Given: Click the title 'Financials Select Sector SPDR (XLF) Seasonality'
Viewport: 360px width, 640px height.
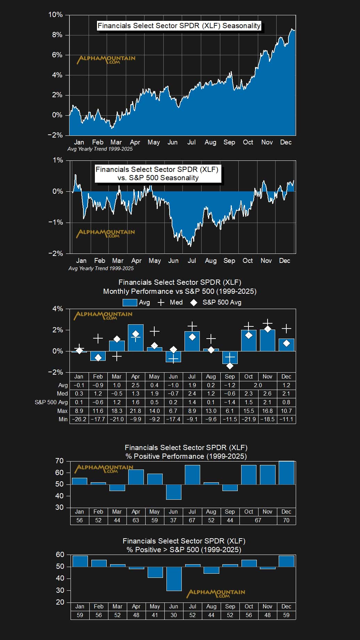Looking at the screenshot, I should pos(179,26).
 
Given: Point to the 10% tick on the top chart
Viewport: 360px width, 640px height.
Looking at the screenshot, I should pos(56,15).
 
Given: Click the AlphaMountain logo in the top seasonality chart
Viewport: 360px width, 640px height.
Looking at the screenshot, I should pos(106,59).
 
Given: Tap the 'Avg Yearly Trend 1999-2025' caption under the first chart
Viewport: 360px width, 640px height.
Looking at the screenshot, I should pos(100,149).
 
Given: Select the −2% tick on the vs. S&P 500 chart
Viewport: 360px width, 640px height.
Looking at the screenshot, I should pos(56,253).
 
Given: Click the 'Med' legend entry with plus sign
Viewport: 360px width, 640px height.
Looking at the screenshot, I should pos(170,302).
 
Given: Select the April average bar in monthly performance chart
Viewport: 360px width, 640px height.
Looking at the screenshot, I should pos(136,338).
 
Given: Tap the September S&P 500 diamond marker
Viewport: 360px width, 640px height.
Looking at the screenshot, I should pos(230,366).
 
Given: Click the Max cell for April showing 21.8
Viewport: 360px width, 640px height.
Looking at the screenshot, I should pos(136,411).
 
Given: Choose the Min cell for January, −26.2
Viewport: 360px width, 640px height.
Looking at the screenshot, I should pos(79,419).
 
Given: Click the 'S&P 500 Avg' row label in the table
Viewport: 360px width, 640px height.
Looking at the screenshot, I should pos(51,402).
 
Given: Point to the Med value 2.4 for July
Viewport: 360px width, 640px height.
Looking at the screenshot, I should pos(192,393).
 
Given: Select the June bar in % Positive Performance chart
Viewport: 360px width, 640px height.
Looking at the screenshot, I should pos(173,492).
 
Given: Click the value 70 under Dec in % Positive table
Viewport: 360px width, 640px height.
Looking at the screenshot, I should pos(286,520).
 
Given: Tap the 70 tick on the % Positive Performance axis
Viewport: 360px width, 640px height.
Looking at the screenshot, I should pos(59,461).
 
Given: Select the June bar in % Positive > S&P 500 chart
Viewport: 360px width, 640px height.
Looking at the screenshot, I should pos(174,579).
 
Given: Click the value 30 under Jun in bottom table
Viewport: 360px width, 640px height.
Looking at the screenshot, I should pos(173,615).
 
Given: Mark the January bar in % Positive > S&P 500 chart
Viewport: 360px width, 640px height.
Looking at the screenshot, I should pos(80,561).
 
